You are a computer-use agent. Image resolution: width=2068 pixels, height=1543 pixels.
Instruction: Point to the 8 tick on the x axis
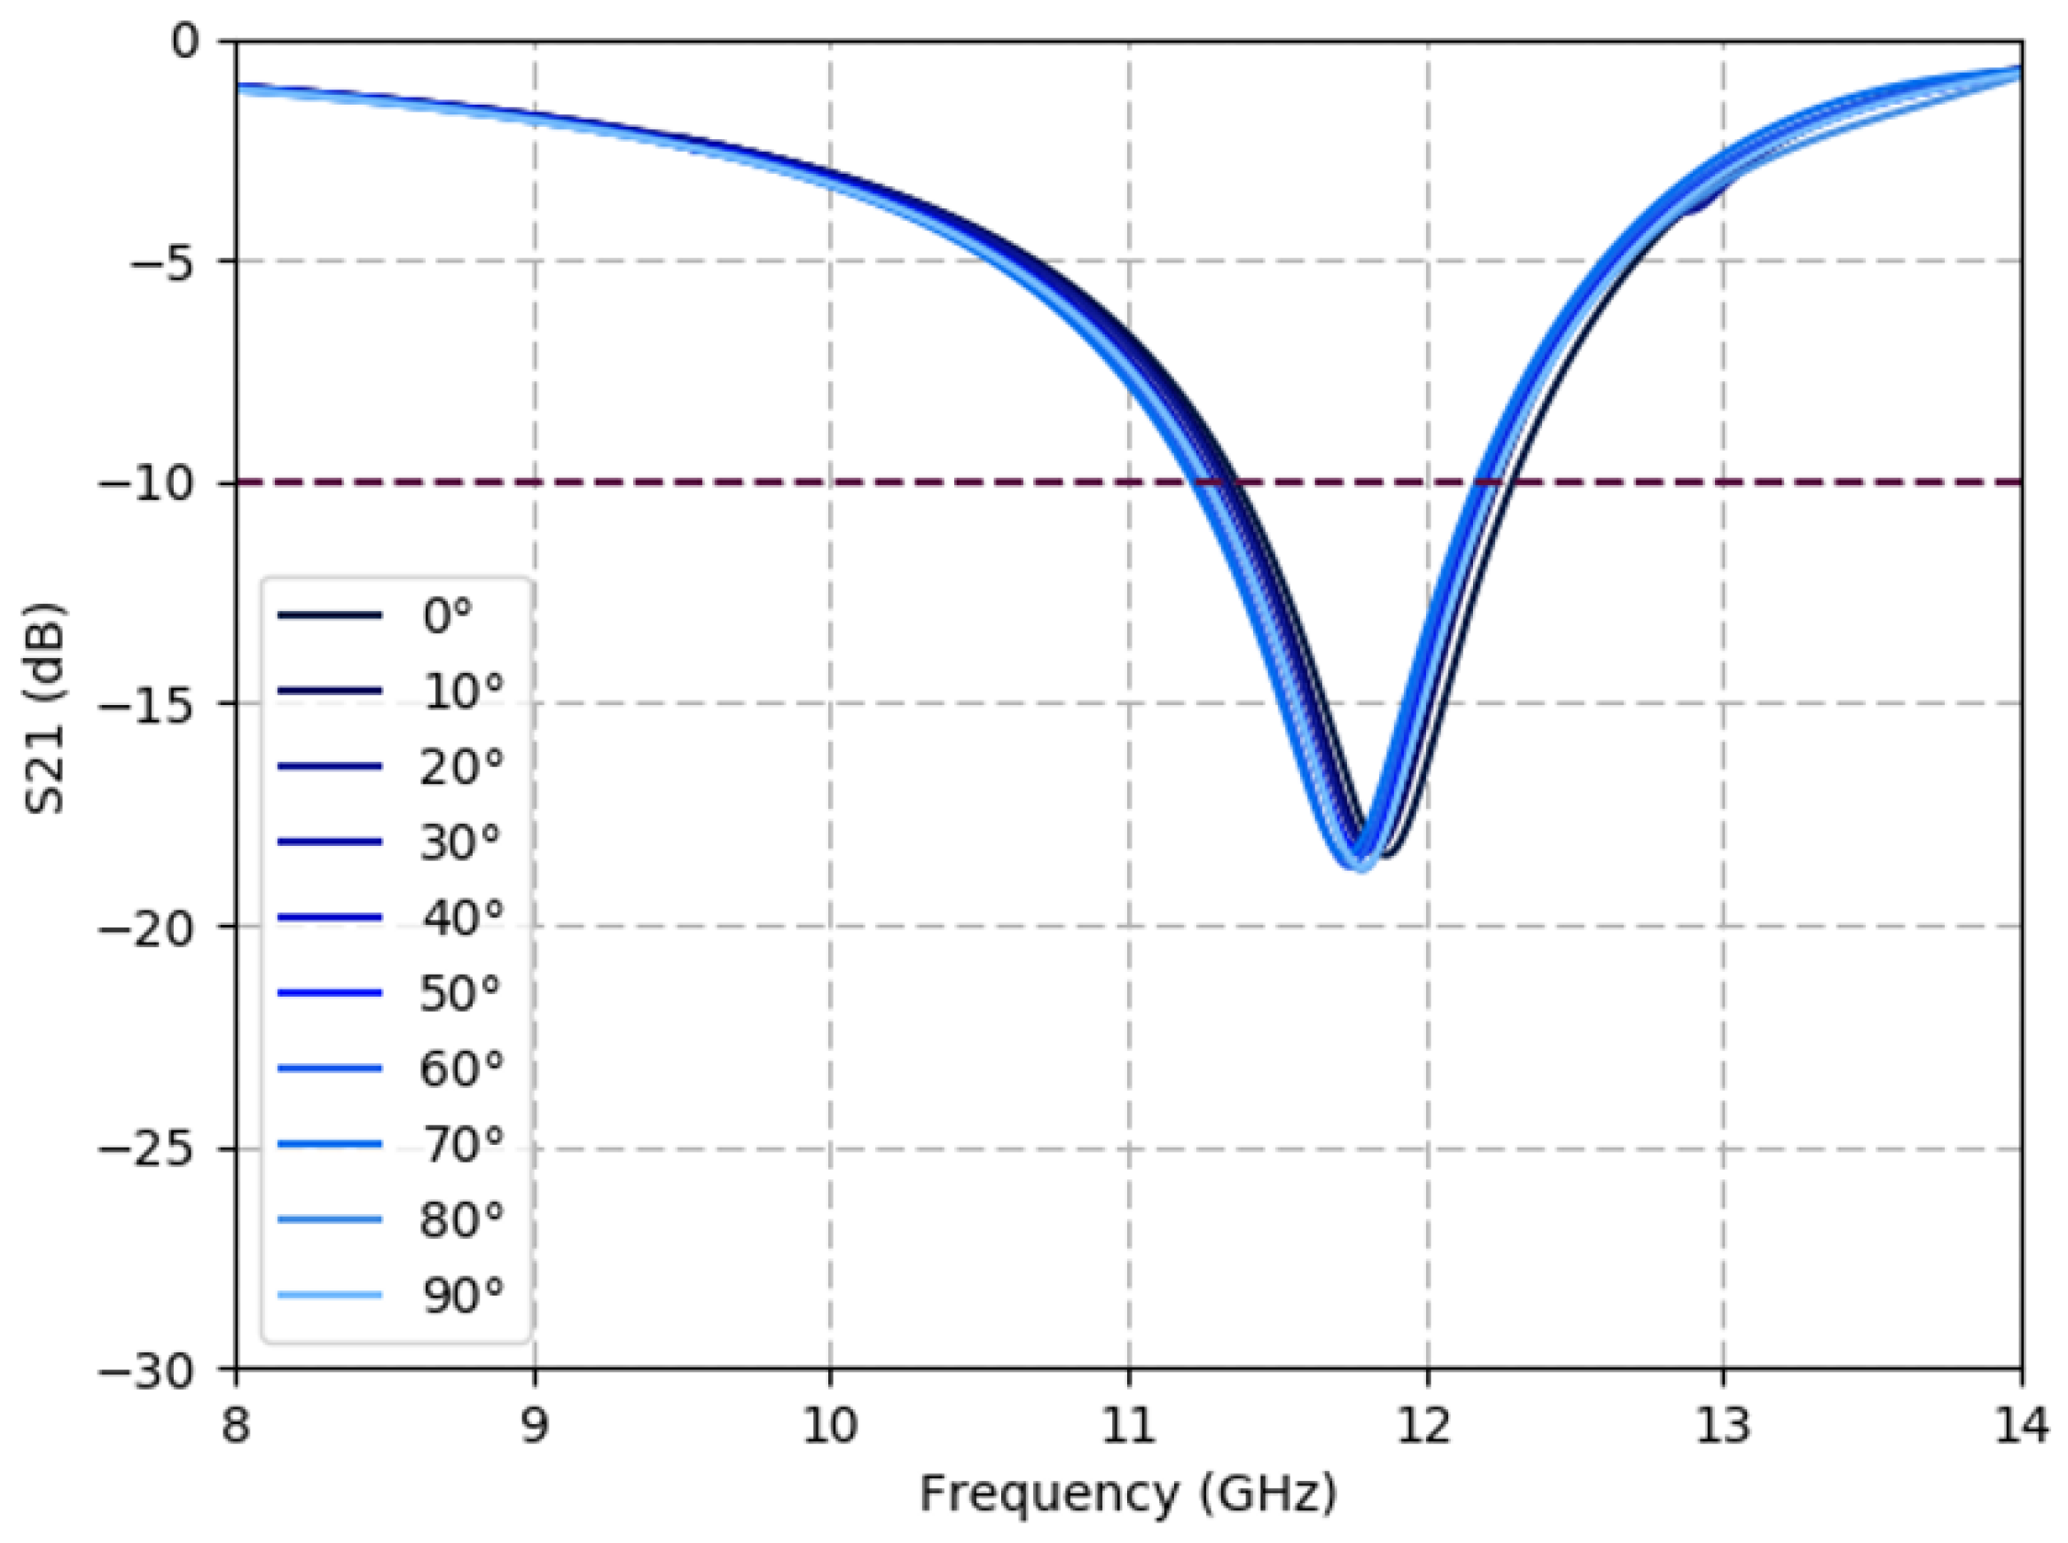point(236,1426)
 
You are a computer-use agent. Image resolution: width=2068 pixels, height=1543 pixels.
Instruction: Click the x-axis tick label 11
point(1129,1426)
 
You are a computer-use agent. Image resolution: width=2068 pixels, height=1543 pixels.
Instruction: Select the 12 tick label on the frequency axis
point(1426,1426)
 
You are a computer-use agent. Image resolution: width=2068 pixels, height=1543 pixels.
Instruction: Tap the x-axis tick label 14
point(2021,1426)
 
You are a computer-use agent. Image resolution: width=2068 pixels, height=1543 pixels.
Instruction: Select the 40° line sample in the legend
point(330,918)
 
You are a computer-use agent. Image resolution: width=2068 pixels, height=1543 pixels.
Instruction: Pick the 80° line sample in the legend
point(330,1220)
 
